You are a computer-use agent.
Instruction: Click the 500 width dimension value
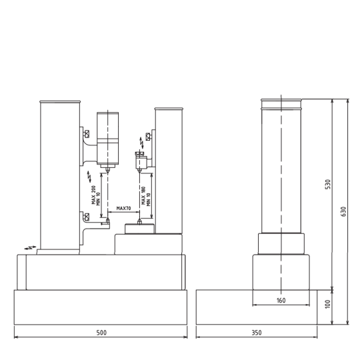tap(101, 333)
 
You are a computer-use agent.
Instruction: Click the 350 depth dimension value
tap(257, 333)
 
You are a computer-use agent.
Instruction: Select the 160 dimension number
tap(281, 300)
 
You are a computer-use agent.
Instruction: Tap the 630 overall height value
tap(343, 211)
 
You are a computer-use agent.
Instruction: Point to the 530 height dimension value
tap(328, 184)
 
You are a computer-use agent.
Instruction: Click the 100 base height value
tap(328, 304)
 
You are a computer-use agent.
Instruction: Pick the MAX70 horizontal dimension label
tap(123, 208)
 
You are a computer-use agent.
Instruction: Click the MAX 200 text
tap(93, 195)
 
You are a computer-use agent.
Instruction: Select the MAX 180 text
tap(143, 195)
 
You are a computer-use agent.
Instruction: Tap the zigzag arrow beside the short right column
tap(141, 143)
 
